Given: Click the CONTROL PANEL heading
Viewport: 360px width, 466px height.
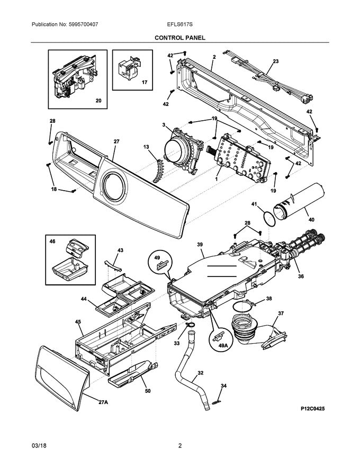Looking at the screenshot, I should pyautogui.click(x=179, y=38).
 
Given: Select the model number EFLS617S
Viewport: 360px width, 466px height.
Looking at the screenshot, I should pyautogui.click(x=179, y=24).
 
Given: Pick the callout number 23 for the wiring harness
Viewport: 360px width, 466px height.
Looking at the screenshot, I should pyautogui.click(x=275, y=61).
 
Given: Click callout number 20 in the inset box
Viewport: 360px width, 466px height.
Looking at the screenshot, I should pyautogui.click(x=97, y=101).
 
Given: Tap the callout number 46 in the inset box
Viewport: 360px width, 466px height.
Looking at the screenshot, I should pyautogui.click(x=52, y=241).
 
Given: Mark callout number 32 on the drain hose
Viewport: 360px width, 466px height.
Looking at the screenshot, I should pyautogui.click(x=200, y=373).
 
